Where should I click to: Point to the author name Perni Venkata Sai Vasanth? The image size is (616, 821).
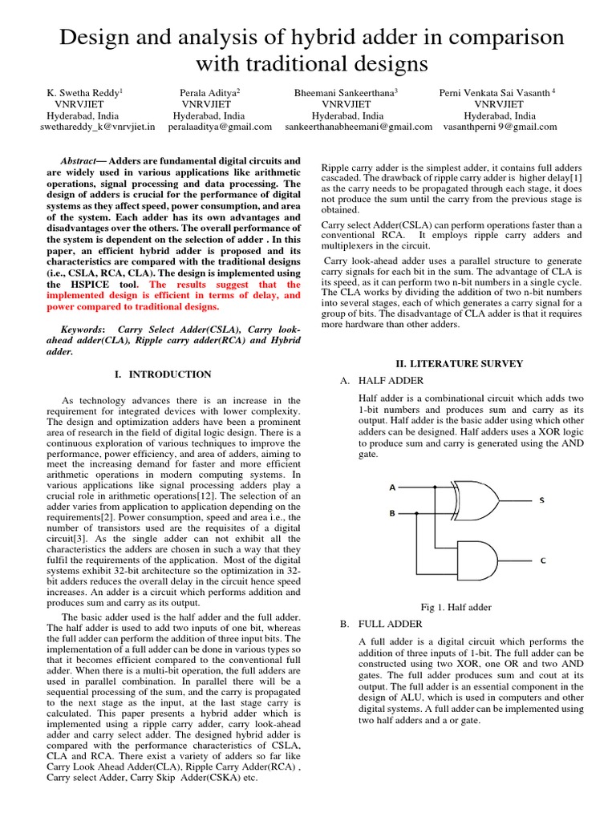pos(496,93)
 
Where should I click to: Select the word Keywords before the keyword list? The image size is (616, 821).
pos(82,330)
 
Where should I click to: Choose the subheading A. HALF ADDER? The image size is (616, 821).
pos(382,380)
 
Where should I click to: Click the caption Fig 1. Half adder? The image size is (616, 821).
pos(456,607)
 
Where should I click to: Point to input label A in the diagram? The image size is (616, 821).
pos(392,487)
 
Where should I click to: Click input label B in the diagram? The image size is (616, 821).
pos(392,513)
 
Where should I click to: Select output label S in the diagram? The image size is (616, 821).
pos(541,500)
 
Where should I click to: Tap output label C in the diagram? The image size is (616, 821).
pos(542,560)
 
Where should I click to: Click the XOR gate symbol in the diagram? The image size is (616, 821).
pos(473,500)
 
